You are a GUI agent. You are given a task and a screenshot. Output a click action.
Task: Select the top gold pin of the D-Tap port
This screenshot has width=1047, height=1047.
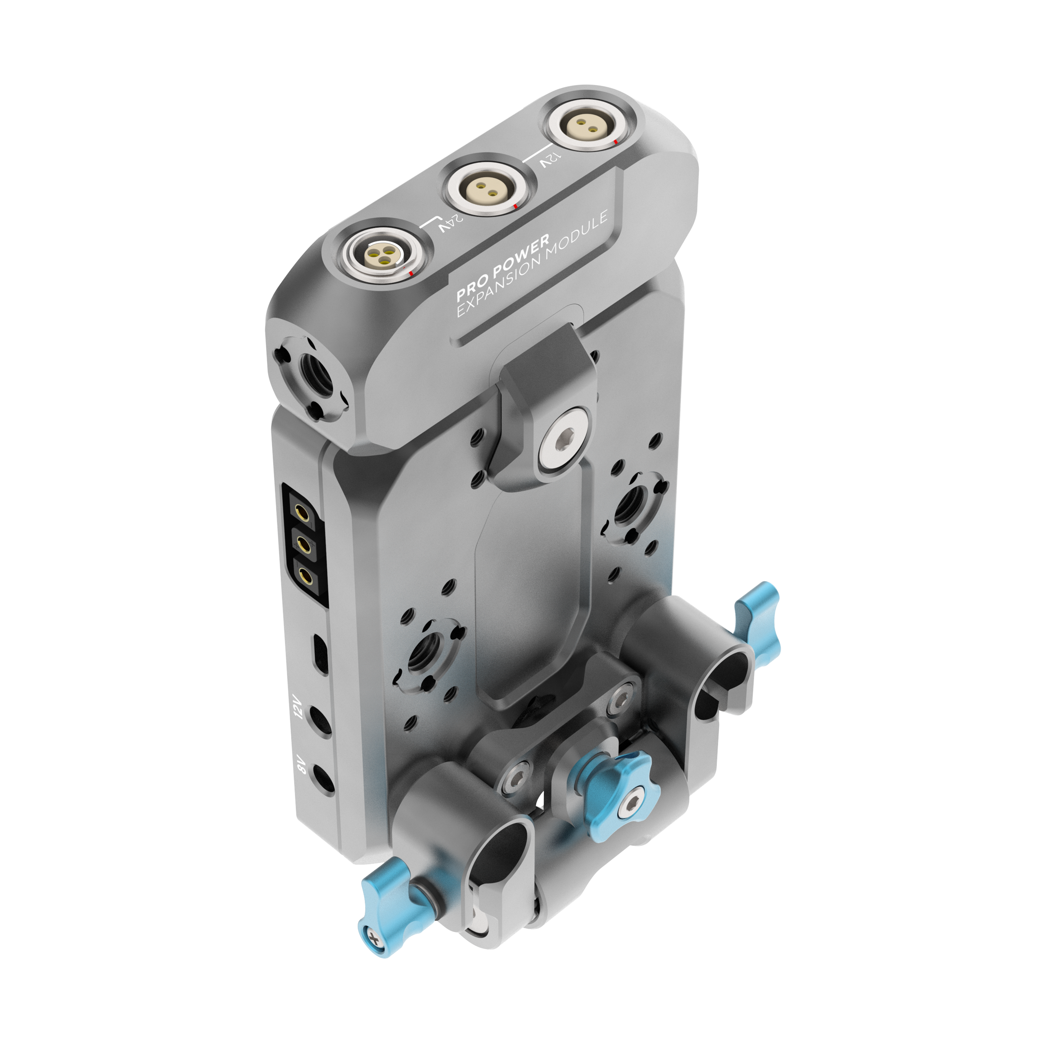tap(300, 510)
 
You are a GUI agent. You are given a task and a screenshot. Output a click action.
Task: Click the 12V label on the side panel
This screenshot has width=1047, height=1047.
tap(300, 707)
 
